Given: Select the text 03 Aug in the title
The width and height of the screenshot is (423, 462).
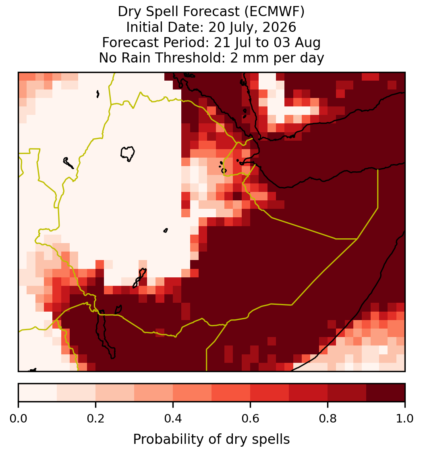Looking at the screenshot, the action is pos(297,42).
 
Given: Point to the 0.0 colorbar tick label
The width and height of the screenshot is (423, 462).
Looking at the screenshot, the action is pos(18,418).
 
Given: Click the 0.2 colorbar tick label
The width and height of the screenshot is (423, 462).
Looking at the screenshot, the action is pos(95,418).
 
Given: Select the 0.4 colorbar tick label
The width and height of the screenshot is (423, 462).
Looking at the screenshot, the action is pos(173,418).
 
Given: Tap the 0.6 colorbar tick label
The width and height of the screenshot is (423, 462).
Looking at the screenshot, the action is pos(250,418).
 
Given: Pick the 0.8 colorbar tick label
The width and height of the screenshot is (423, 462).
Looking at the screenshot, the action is pos(328,418).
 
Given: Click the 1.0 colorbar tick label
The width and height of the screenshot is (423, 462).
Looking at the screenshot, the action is pos(405,418).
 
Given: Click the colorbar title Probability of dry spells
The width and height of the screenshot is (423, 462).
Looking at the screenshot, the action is pos(211,439).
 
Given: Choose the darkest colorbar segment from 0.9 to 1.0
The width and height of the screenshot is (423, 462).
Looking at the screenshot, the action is pos(386,393).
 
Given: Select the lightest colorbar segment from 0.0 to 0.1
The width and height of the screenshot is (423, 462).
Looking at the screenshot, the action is pos(38,393).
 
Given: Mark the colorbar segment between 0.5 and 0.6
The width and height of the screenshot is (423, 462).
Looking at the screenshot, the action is pos(231,393).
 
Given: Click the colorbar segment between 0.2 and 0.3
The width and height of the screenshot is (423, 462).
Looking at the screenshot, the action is pos(115,393).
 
